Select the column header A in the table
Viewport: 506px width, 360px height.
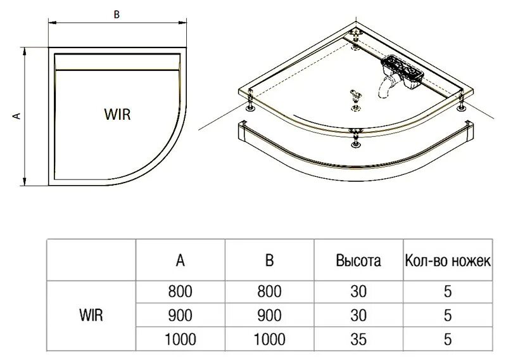(x=180, y=260)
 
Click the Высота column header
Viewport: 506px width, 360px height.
(x=358, y=260)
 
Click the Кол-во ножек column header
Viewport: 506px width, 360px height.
(x=447, y=260)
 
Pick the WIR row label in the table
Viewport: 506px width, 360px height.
(x=92, y=314)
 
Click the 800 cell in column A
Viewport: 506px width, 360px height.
(x=180, y=292)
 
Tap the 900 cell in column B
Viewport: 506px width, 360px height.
(x=269, y=315)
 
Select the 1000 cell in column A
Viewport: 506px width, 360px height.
(x=180, y=338)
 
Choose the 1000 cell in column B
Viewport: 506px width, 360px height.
(x=269, y=338)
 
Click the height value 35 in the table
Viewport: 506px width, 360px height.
(x=358, y=338)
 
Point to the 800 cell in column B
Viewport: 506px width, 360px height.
(x=269, y=292)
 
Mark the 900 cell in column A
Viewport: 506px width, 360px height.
(x=180, y=315)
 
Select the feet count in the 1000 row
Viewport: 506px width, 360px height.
(x=447, y=338)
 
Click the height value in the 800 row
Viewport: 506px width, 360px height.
(x=358, y=292)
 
